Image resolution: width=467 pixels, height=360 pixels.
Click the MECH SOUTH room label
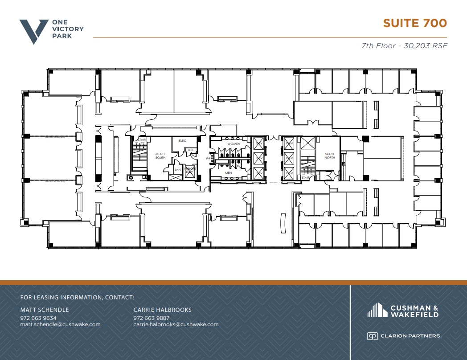point(160,156)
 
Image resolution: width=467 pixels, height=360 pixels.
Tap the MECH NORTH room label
point(329,156)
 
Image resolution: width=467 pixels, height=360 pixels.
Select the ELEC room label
point(182,141)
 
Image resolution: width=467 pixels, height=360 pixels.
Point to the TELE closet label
point(191,150)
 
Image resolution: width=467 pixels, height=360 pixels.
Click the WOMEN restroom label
point(233,144)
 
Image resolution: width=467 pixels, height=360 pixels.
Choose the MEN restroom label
point(228,173)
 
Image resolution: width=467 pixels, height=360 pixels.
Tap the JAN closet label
point(177,170)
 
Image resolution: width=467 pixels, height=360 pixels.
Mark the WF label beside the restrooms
point(208,158)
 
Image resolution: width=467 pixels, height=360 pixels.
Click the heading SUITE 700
point(415,23)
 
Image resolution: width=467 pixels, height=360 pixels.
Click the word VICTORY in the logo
point(68,29)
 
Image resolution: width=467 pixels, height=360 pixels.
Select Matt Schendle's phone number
point(38,318)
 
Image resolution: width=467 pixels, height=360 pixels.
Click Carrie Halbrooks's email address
point(176,324)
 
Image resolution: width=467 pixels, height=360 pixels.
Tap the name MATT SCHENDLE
point(45,310)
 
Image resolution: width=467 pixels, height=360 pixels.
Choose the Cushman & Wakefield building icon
point(376,310)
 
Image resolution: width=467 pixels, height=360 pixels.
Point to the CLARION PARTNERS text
point(410,336)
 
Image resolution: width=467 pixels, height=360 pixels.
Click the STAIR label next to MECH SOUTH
point(142,140)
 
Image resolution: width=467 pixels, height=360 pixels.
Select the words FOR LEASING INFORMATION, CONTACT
point(77,298)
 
